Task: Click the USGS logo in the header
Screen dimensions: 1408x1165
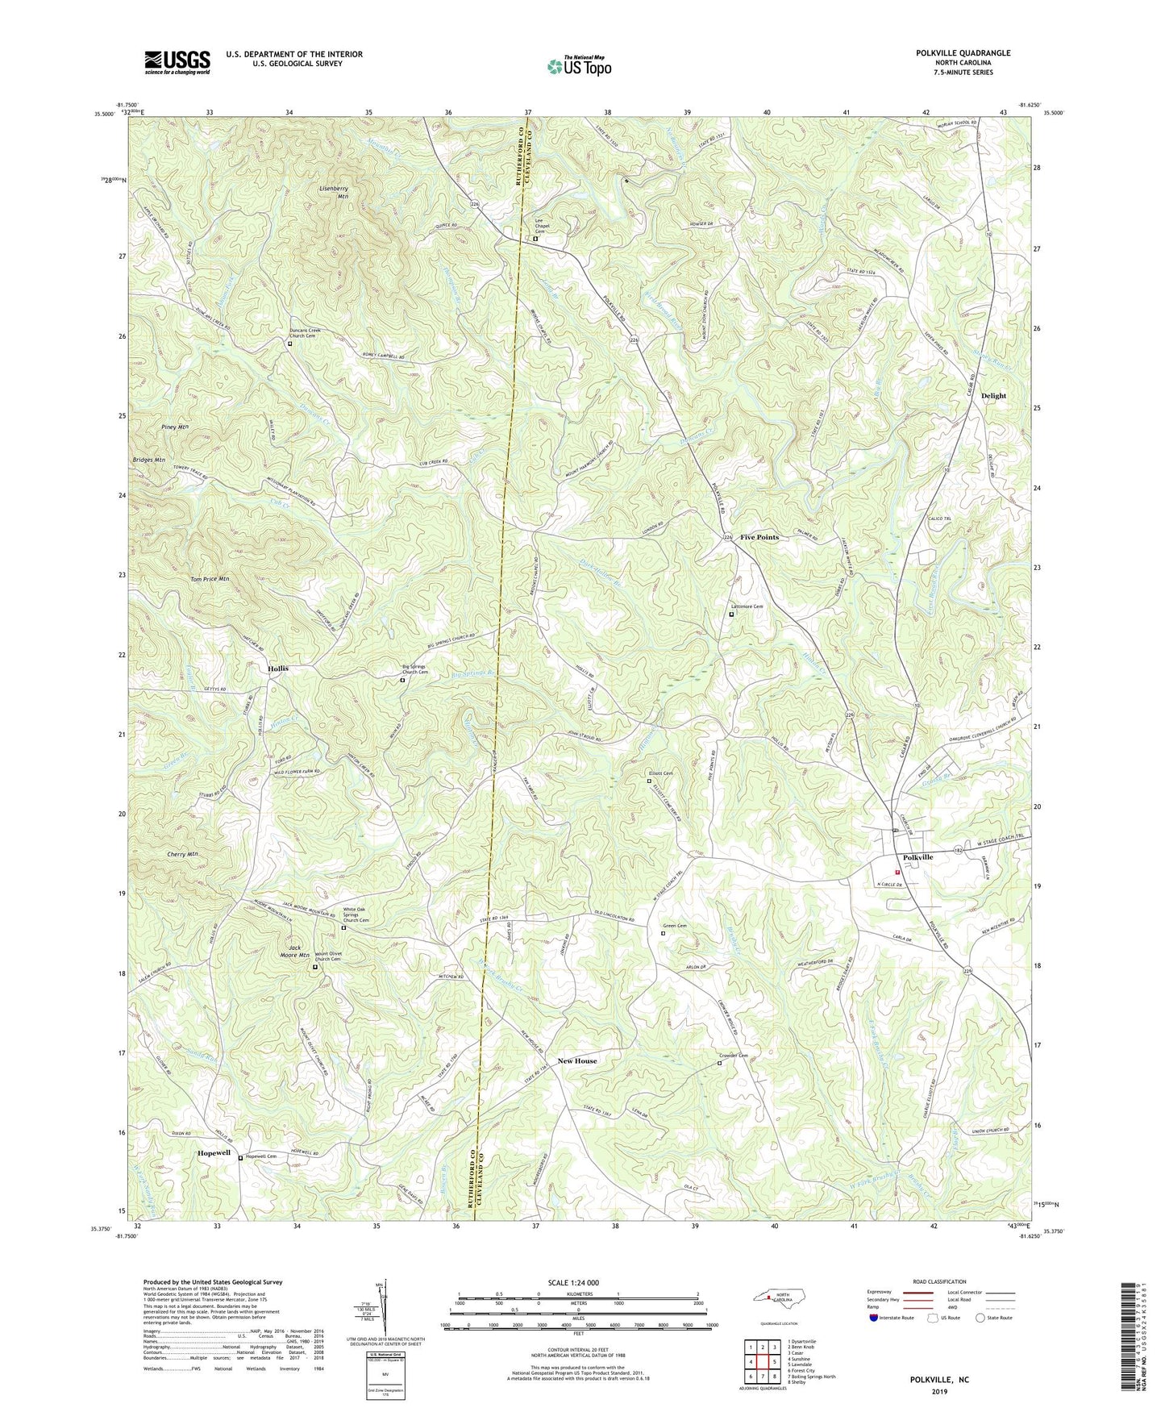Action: [177, 61]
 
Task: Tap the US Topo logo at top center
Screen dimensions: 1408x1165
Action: [579, 67]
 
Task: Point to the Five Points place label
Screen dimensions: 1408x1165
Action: [759, 537]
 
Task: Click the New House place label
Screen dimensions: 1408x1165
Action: [577, 1060]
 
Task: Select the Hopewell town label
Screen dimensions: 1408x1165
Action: [214, 1153]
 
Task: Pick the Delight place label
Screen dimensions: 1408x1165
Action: [993, 396]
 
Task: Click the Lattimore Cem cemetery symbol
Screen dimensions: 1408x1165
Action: [732, 614]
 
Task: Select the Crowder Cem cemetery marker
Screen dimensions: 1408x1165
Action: [720, 1063]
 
